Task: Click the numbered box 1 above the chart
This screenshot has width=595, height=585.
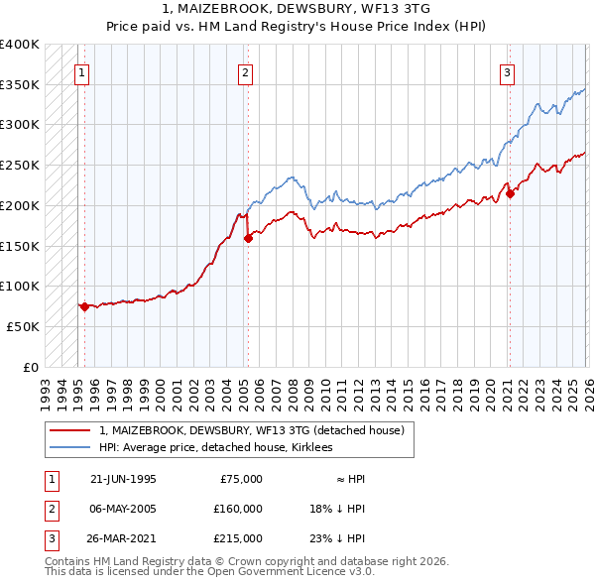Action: pos(80,71)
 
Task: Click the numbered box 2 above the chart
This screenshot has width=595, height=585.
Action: pos(245,71)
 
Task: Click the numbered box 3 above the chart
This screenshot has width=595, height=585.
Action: pos(507,71)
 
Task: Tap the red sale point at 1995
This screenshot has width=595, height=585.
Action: pos(84,306)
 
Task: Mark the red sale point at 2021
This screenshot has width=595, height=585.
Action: pos(511,193)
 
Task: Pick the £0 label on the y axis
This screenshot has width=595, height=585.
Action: pos(31,367)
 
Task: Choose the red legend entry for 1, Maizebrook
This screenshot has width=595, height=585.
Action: pos(251,431)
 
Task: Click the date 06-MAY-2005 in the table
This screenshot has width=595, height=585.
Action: pos(123,509)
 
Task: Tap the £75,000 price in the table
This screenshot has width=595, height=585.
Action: pos(240,479)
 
